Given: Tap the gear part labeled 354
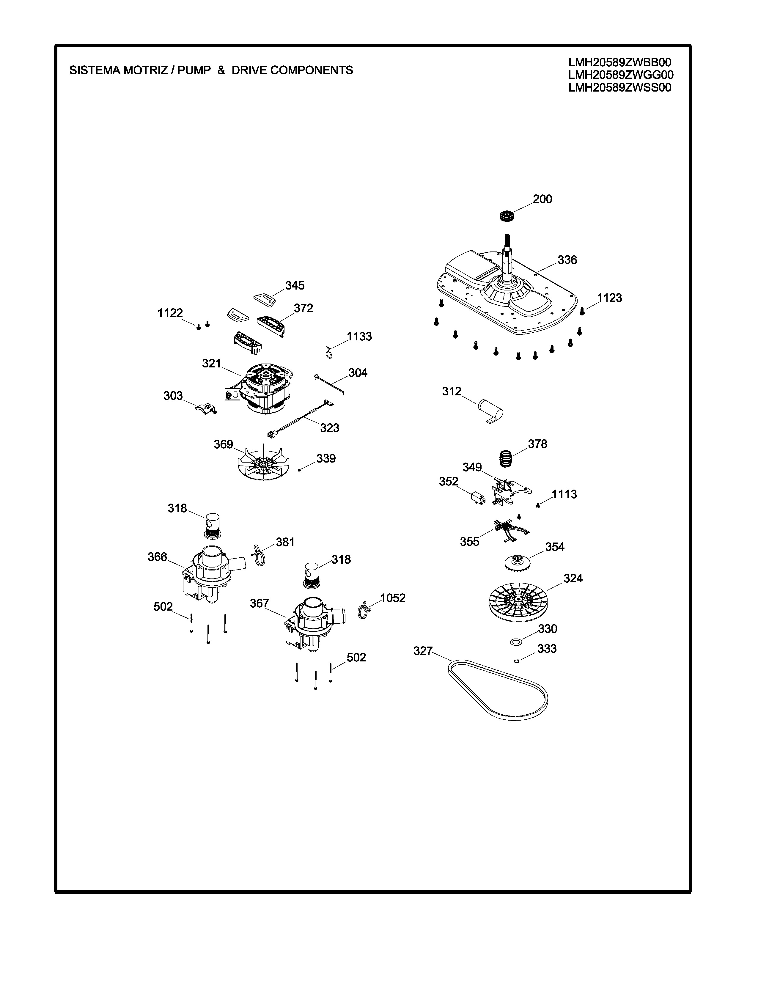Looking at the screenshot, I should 516,562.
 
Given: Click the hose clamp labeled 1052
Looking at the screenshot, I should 364,609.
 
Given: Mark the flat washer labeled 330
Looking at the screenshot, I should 516,642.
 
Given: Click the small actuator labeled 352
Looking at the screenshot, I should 476,498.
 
